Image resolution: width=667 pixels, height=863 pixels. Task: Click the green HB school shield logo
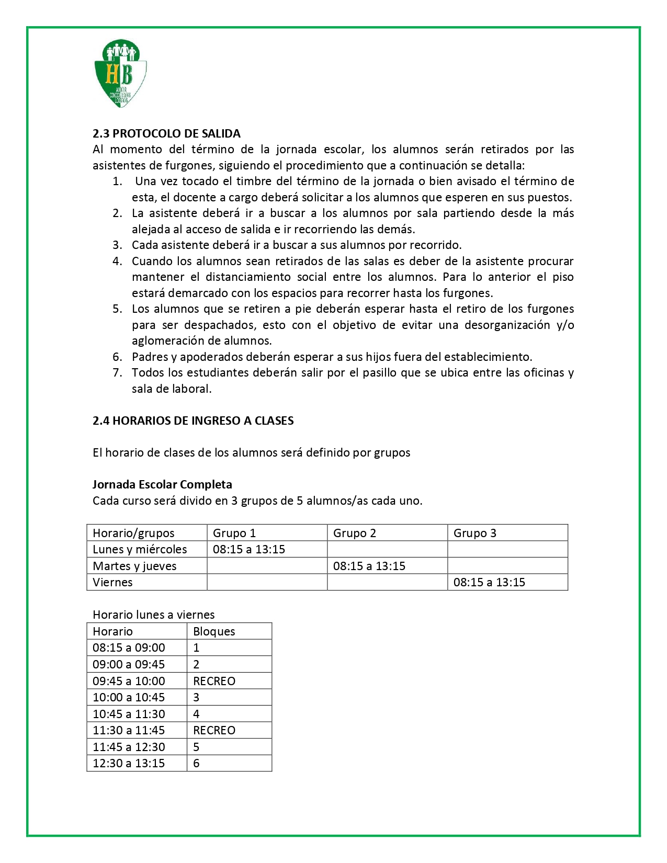point(120,73)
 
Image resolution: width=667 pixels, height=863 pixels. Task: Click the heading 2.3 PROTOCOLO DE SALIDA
point(166,133)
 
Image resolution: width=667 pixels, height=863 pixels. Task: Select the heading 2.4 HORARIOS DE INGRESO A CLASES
point(193,421)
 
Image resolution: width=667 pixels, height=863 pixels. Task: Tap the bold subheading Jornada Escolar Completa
point(162,484)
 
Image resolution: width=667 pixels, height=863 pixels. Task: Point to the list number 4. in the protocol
point(118,261)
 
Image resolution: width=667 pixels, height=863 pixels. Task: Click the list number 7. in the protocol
point(118,372)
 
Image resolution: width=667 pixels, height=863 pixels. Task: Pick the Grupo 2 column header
point(355,533)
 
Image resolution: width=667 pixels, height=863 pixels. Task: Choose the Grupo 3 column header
point(475,533)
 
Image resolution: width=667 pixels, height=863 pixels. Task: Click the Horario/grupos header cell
point(133,533)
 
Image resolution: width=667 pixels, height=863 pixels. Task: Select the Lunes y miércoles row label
point(140,549)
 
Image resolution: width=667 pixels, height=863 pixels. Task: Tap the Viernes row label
point(112,582)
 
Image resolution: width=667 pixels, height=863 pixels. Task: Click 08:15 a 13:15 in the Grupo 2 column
point(369,566)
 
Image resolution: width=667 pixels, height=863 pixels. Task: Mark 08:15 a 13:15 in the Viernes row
point(489,582)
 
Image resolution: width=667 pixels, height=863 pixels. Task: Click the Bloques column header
point(214,631)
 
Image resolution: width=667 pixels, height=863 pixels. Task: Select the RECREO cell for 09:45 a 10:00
point(214,681)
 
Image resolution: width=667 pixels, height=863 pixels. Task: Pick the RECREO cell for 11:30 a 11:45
point(214,730)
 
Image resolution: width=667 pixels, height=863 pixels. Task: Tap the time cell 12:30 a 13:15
point(129,763)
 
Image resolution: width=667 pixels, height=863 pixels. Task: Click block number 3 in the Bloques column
point(197,697)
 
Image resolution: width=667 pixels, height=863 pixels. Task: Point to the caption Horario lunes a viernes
point(154,615)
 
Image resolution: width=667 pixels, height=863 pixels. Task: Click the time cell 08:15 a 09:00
point(129,648)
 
